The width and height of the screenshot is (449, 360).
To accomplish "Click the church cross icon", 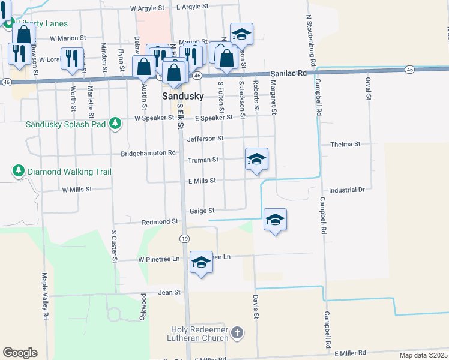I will click(237, 332).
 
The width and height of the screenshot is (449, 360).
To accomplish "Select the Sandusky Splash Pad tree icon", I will click(114, 124).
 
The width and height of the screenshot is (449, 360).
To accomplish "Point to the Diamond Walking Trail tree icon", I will click(19, 172).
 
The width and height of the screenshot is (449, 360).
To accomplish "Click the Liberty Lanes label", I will click(43, 23).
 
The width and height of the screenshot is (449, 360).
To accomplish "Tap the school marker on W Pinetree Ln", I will click(201, 262).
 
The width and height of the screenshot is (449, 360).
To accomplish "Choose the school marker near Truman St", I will click(256, 159).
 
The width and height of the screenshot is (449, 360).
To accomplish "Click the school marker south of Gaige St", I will click(275, 220).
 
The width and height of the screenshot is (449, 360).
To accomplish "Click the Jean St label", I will click(169, 292).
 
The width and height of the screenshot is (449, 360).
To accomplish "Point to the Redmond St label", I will click(160, 221).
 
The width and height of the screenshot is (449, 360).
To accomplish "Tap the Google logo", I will click(20, 353).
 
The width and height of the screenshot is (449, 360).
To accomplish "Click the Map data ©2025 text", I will click(424, 355).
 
